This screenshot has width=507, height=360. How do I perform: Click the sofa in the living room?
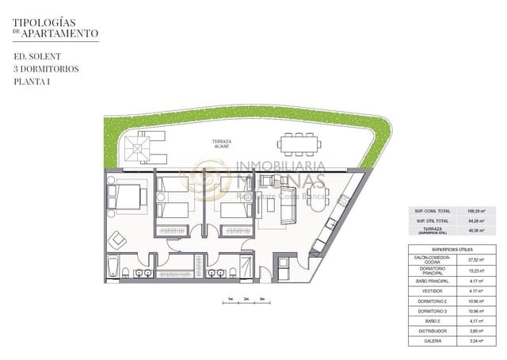tap(282, 205)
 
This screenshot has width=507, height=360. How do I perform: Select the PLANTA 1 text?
tap(32, 82)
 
